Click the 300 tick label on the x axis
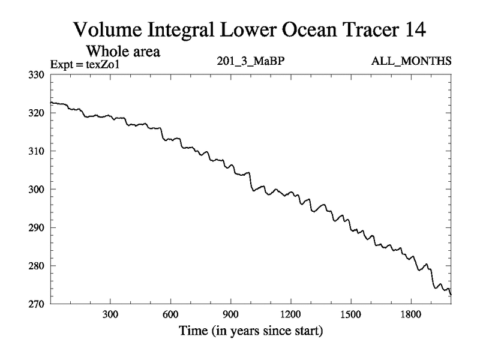pyautogui.click(x=110, y=315)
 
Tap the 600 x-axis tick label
pyautogui.click(x=170, y=315)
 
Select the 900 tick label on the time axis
pyautogui.click(x=230, y=315)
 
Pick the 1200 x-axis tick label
pyautogui.click(x=290, y=315)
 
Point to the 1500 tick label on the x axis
pyautogui.click(x=350, y=315)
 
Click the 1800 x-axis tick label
pyautogui.click(x=411, y=315)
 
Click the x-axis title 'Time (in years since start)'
pyautogui.click(x=250, y=331)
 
